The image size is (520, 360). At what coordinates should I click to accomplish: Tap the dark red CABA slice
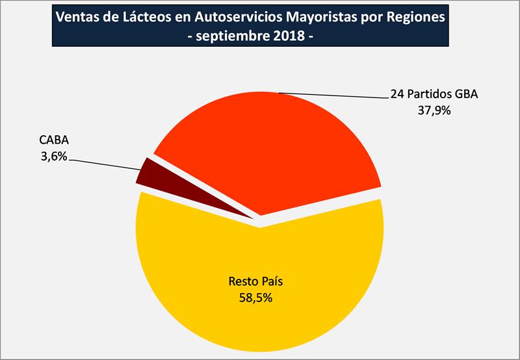(x=148, y=172)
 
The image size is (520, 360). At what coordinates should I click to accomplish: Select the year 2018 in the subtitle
(x=289, y=36)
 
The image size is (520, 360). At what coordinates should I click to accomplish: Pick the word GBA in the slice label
(x=465, y=94)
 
